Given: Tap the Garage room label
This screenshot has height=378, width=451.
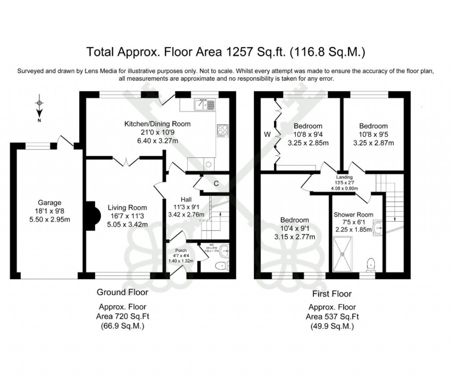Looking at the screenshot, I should pos(49,203).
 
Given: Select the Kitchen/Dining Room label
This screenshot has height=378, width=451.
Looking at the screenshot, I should pos(157,124).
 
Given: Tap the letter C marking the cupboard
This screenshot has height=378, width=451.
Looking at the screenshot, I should pos(216,183).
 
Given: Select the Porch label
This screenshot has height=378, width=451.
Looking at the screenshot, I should pos(181,250).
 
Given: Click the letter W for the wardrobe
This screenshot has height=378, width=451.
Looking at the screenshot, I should pos(267,134).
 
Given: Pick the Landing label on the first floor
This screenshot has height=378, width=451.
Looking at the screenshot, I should pos(344,177).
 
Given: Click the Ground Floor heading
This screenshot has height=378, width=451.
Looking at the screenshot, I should pos(122,292).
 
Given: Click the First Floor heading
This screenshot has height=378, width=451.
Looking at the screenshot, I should pos(332,294).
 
